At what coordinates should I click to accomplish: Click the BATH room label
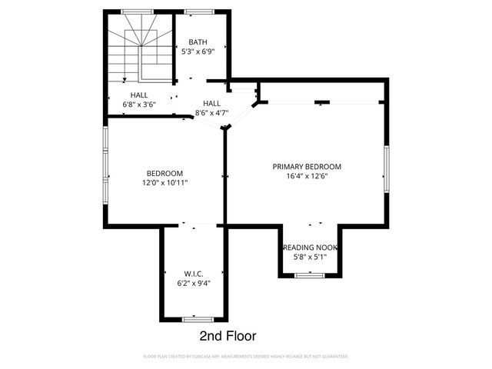pos(198,42)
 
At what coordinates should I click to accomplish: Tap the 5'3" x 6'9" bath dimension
pos(198,52)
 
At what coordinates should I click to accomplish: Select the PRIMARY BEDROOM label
pos(307,167)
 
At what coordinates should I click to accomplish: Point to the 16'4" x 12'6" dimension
pos(307,176)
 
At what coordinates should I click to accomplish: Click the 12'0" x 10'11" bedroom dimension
pos(165,183)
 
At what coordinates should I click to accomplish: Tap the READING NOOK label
pos(310,248)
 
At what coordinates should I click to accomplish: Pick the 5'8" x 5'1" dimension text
pos(310,257)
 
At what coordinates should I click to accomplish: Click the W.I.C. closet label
pos(194,274)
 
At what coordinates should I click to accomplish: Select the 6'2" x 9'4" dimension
pos(194,284)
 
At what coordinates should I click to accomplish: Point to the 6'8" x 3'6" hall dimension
pos(139,105)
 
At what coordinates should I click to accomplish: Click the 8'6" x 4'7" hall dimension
pos(212,113)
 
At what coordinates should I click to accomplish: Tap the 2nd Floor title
pos(228,336)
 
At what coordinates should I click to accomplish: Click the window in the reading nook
pos(310,275)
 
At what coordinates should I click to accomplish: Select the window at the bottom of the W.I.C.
pos(198,320)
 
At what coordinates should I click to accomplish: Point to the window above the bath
pos(199,12)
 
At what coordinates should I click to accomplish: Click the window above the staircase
pos(138,12)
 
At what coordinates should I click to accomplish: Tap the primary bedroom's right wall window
pos(387,169)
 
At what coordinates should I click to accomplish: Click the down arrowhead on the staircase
pos(125,80)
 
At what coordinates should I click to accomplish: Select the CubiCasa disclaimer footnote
pos(246,357)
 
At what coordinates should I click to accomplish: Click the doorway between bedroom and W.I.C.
pos(198,225)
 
